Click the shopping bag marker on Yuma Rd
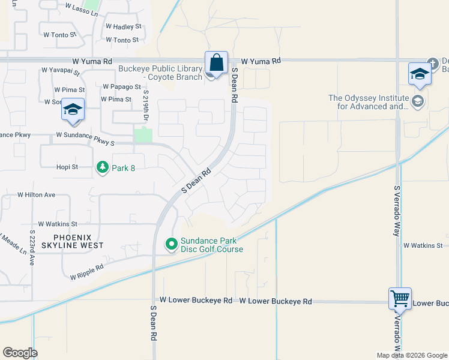point(216,62)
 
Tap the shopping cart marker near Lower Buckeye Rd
point(399,298)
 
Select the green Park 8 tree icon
point(103,167)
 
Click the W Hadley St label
point(123,27)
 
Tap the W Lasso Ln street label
point(80,9)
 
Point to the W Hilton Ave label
point(36,195)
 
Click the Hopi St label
point(67,167)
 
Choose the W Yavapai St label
point(61,70)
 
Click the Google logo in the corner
point(20,353)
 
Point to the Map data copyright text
point(412,355)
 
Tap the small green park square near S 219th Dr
point(143,135)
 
